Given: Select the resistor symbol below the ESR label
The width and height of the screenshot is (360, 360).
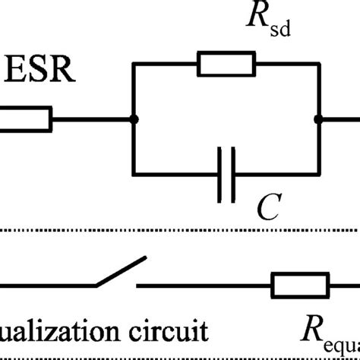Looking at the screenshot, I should pos(27,118).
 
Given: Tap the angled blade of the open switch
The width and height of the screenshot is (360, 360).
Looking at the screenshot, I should pos(119,273).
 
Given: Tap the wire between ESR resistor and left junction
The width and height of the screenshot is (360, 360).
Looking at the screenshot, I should pos(91,118).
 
